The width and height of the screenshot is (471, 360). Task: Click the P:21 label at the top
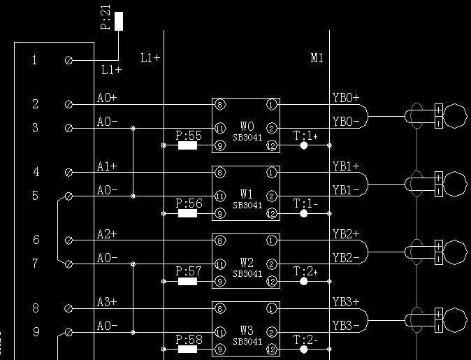(x=106, y=22)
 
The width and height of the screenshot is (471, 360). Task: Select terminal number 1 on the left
(x=35, y=61)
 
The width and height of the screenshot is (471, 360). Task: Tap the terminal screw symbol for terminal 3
(x=68, y=128)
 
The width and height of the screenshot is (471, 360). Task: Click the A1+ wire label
(x=107, y=166)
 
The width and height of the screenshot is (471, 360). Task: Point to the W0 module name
(x=247, y=127)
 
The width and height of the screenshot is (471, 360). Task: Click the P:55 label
(x=188, y=136)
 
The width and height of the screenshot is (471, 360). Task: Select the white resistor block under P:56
(x=187, y=214)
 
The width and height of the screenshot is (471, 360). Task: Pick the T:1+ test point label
(x=305, y=136)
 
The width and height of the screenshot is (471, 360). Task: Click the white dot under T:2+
(x=303, y=281)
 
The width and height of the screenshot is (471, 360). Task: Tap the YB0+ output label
(x=346, y=98)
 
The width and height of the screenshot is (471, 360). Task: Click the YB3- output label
(x=346, y=326)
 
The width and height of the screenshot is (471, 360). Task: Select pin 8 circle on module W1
(x=220, y=173)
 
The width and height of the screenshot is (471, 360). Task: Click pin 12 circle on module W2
(x=271, y=281)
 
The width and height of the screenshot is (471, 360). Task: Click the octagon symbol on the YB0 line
(x=454, y=115)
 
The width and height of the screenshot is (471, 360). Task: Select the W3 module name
(x=247, y=330)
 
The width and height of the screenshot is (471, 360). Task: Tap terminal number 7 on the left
(x=35, y=264)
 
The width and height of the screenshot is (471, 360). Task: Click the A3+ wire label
(x=107, y=302)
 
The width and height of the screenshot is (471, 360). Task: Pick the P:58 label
(x=188, y=339)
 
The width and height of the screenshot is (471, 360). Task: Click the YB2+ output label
(x=346, y=233)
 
